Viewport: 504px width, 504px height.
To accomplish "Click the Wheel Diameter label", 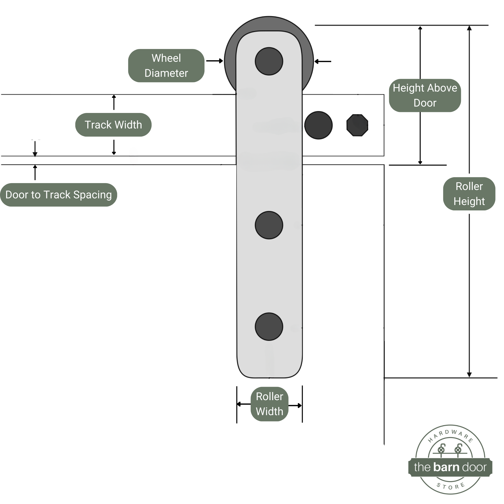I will (x=166, y=65).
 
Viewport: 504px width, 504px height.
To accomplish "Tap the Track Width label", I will (x=113, y=125).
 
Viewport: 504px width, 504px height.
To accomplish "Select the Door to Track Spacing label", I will (x=58, y=195).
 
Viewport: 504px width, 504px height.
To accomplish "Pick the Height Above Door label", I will (x=425, y=95).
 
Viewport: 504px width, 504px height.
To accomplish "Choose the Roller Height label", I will (x=469, y=194).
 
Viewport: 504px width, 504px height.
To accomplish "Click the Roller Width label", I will (x=269, y=404).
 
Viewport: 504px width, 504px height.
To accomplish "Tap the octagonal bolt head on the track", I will (x=357, y=125).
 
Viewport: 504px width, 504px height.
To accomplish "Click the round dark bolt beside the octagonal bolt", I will (x=318, y=125).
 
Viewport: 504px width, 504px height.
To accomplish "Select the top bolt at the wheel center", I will (x=269, y=61).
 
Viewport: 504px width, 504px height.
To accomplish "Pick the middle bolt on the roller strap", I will (x=269, y=225).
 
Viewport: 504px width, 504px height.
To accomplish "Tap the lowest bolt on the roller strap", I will (x=269, y=327).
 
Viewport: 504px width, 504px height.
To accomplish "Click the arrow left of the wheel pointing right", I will (x=214, y=61).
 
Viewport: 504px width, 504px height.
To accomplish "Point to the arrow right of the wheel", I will (x=323, y=62).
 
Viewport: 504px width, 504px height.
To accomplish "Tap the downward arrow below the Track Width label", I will (x=114, y=147).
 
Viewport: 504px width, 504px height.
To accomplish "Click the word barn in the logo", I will (x=446, y=467).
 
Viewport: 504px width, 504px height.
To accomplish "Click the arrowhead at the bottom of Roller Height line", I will (x=469, y=375).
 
